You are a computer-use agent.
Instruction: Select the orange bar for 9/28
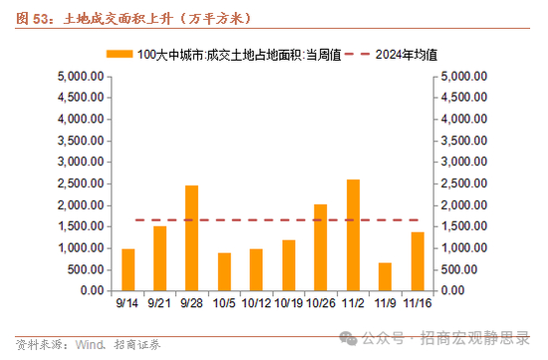191,238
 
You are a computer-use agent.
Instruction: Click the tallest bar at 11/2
353,235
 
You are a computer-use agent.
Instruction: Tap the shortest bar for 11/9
385,277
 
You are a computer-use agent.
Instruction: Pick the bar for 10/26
321,247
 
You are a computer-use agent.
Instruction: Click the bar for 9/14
128,269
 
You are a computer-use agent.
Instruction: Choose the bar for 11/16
417,261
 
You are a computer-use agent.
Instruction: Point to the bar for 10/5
224,272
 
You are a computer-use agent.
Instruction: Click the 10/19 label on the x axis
289,303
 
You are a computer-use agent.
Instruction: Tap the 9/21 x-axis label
159,303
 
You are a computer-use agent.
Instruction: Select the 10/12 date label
256,303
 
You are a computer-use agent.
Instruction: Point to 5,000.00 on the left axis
81,76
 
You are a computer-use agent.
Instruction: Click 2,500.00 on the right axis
463,183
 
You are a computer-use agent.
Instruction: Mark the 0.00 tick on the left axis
93,290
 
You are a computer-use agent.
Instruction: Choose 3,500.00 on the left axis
81,141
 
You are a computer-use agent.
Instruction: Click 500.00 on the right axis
459,269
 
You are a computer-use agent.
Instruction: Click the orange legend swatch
120,54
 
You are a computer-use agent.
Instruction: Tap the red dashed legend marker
357,54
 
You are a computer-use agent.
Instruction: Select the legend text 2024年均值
407,55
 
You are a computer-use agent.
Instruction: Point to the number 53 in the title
41,19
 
